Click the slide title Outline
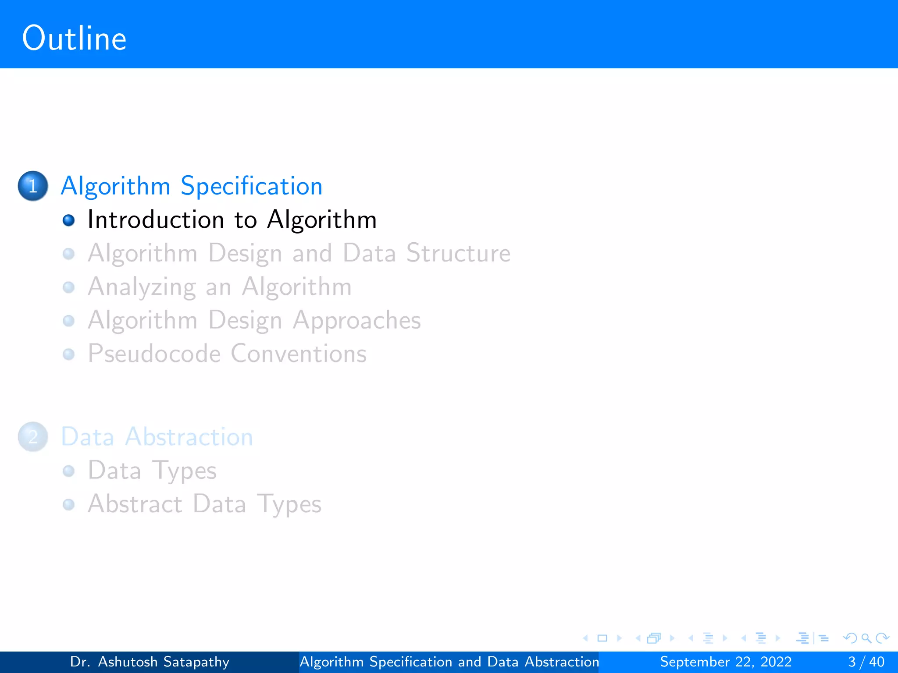(74, 39)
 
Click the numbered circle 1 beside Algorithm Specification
(33, 186)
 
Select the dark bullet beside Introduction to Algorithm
(69, 220)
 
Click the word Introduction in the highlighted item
(156, 220)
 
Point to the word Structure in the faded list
(458, 254)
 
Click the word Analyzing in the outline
(142, 287)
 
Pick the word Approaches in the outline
(357, 321)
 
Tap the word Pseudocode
(154, 354)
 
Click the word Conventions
(299, 354)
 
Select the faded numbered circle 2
(33, 437)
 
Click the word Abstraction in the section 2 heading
(189, 437)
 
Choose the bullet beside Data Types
(69, 471)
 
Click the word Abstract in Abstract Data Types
(135, 504)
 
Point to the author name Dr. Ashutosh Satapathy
(150, 662)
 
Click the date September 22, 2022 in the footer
(726, 662)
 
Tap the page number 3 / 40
(866, 662)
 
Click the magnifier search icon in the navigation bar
(866, 638)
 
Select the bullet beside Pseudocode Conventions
(69, 354)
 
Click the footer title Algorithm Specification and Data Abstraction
(449, 662)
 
